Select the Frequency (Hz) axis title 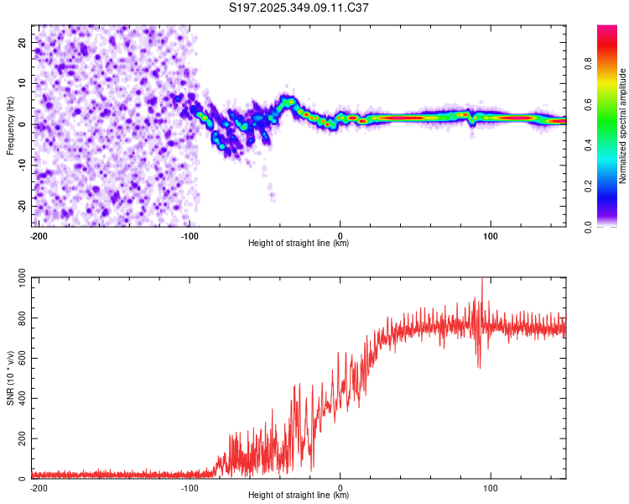coord(10,125)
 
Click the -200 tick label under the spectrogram coord(39,235)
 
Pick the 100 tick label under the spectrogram coord(491,235)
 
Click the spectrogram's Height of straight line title coord(299,244)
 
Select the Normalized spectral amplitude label coord(622,126)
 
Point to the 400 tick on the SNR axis coord(19,399)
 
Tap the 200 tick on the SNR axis coord(19,439)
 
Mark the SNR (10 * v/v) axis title coord(10,378)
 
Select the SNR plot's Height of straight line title coord(299,496)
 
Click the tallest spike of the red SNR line coord(481,281)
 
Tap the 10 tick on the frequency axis coord(23,82)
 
